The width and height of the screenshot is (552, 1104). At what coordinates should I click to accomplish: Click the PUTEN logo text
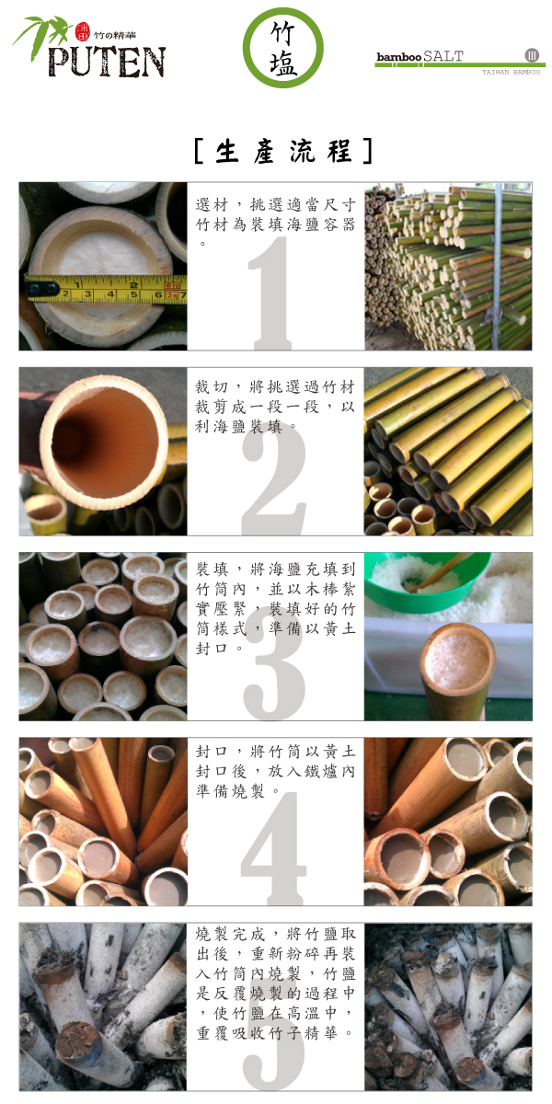coord(107,62)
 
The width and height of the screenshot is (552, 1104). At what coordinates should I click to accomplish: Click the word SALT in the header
coord(443,56)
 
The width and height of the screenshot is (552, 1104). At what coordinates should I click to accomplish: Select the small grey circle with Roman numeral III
coord(532,55)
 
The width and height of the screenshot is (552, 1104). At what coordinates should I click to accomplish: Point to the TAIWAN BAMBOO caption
coord(512,72)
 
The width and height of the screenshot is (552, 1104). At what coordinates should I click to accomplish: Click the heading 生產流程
coord(284,151)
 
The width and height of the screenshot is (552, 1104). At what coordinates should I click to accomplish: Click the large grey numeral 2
coord(274,480)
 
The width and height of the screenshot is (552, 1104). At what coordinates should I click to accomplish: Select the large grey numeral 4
coord(273,848)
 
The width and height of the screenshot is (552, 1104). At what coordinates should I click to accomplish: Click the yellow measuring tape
coord(106,289)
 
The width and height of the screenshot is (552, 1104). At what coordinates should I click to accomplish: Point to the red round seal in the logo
coord(82,31)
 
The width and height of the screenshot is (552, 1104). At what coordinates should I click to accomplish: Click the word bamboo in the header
coord(398,57)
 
